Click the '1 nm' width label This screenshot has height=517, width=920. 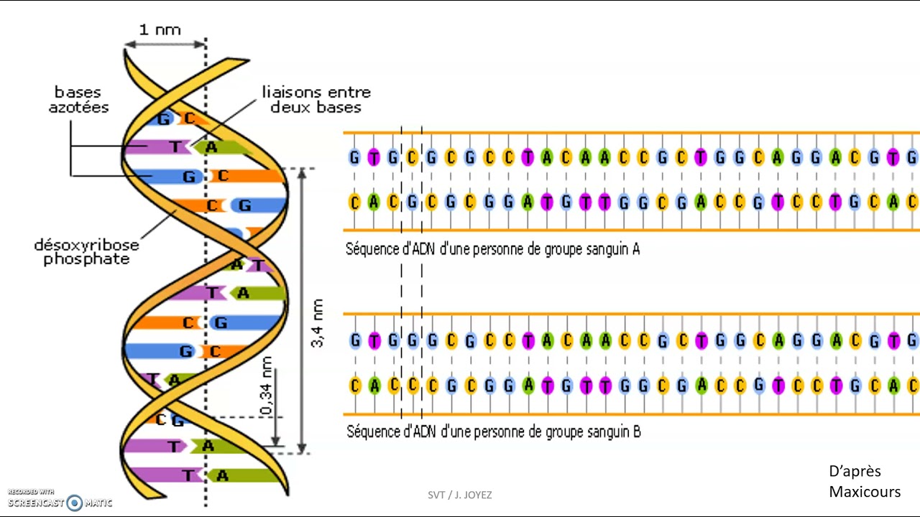[x=160, y=29]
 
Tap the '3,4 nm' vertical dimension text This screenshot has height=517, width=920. [x=317, y=323]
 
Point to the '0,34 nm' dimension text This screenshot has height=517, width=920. [x=267, y=386]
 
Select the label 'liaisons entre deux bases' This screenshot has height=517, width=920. [x=316, y=100]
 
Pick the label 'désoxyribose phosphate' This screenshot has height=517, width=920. [x=86, y=252]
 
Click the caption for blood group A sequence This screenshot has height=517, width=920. [x=492, y=250]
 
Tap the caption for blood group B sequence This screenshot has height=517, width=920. [x=494, y=432]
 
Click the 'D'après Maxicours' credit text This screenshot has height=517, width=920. [x=865, y=481]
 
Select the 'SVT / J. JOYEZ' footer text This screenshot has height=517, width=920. [x=460, y=495]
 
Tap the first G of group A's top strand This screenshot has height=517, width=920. [x=354, y=157]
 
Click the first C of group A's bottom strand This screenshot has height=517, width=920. [x=354, y=202]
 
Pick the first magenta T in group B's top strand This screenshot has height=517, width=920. [x=374, y=340]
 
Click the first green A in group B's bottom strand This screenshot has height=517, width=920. [x=374, y=386]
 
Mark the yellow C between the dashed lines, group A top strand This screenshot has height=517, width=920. [x=412, y=157]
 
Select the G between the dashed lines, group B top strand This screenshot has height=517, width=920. [x=412, y=340]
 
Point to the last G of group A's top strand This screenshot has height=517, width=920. [x=911, y=157]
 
